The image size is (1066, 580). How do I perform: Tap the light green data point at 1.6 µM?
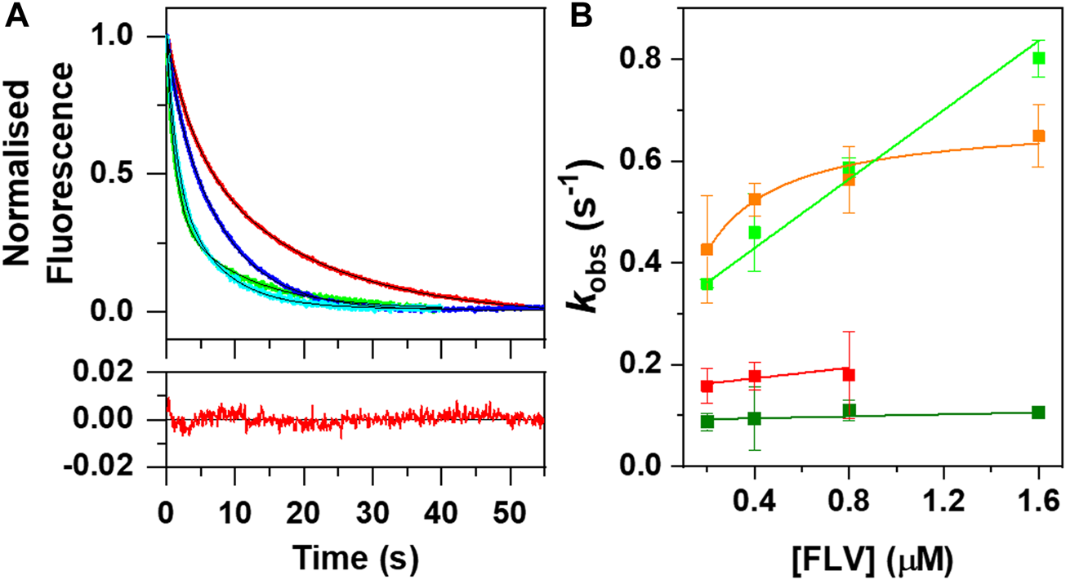(1038, 58)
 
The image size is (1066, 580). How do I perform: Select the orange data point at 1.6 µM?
(1038, 136)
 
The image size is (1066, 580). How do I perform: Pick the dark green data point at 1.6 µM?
(1038, 412)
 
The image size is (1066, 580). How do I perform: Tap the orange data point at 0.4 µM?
(755, 199)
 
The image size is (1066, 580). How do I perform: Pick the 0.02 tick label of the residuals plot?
(127, 373)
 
